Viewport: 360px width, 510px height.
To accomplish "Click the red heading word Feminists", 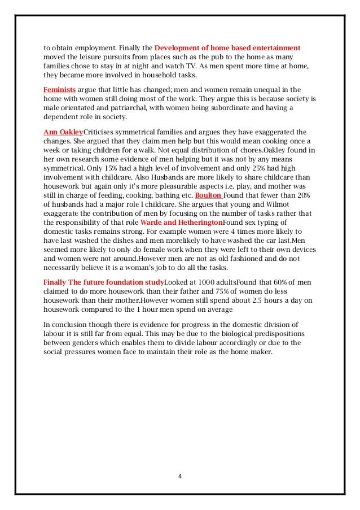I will (59, 90).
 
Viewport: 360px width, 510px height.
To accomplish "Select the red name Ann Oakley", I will (63, 132).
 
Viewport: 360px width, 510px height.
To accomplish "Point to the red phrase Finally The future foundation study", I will (104, 282).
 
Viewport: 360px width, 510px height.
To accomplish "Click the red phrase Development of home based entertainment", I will (227, 47).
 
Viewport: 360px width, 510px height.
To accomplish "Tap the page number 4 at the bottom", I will (179, 476).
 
